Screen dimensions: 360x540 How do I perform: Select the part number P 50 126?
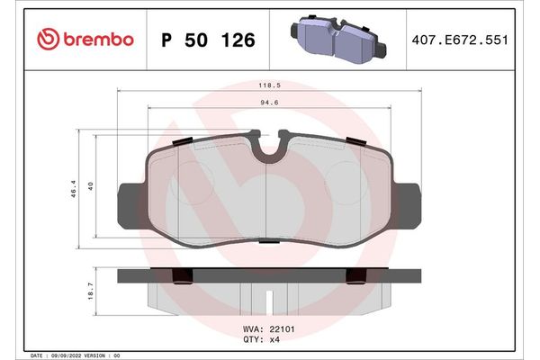[207, 40]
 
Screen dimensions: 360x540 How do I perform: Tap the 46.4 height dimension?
[73, 190]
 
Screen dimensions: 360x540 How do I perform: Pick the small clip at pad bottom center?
[268, 241]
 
